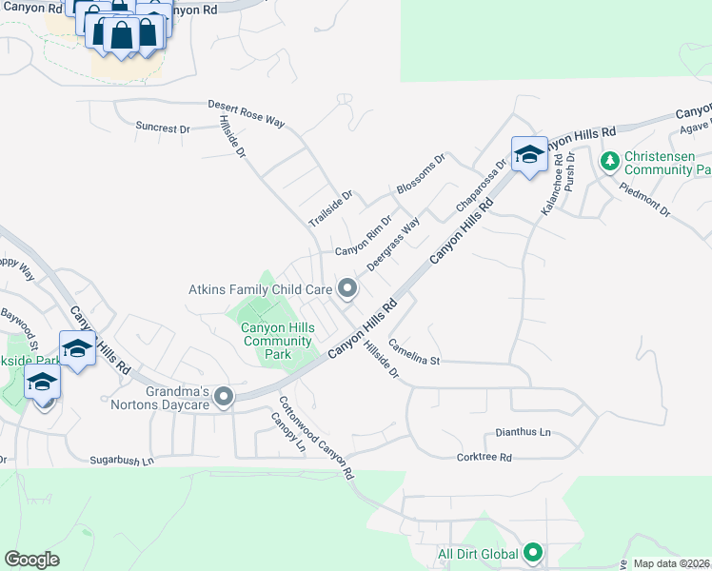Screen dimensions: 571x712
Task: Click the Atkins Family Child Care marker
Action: (347, 287)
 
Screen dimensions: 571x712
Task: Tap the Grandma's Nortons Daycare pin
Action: (224, 396)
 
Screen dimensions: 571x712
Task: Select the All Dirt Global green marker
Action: (533, 552)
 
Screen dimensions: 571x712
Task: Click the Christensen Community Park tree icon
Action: (609, 163)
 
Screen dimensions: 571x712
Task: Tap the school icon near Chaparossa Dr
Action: (528, 155)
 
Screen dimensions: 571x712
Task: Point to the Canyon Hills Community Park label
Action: (277, 342)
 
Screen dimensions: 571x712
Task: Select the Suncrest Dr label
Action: (163, 127)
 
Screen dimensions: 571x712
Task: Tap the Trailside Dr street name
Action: (330, 208)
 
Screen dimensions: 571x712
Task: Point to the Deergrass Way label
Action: (393, 245)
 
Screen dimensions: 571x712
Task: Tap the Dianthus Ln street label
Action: (518, 433)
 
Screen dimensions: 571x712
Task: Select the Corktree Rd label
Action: (485, 458)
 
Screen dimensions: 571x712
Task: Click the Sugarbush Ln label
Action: (122, 461)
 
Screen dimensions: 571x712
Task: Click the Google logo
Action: (31, 560)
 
